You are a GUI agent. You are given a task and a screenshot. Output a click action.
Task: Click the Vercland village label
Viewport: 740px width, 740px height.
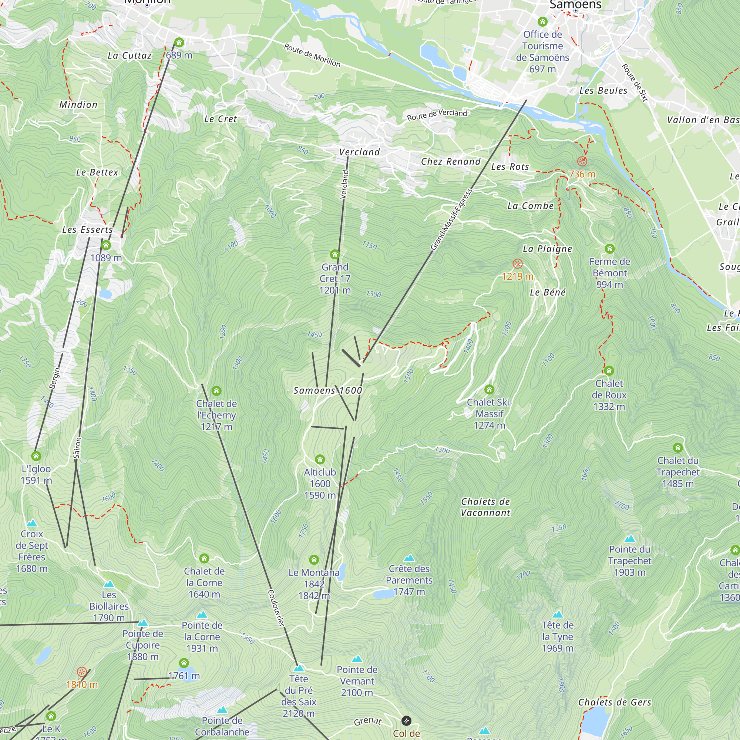359,152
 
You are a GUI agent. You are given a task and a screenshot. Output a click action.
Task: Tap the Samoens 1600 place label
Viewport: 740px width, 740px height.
327,390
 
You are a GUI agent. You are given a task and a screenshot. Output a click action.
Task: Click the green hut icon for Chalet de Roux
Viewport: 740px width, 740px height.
609,371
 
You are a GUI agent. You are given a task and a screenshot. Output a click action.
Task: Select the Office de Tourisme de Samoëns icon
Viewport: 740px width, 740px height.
542,21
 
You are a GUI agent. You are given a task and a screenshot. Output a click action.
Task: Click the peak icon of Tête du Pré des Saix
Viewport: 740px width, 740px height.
299,668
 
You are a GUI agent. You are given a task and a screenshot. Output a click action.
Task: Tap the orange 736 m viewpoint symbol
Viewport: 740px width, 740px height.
582,161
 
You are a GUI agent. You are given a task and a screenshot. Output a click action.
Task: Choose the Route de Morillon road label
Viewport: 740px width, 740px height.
312,55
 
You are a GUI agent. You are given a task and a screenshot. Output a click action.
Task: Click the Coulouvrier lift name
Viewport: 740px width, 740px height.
276,608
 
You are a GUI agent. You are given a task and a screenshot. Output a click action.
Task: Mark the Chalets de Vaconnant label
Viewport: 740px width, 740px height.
485,507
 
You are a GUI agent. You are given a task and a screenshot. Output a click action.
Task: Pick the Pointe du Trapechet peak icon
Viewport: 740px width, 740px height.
630,539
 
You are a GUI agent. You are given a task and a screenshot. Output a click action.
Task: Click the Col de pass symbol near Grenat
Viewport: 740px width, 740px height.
406,721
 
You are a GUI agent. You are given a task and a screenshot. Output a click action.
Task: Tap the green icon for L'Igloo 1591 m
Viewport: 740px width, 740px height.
36,456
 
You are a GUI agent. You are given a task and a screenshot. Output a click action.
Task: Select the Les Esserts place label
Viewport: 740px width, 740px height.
87,230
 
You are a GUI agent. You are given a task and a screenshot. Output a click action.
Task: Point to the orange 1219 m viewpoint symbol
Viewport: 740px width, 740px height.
518,263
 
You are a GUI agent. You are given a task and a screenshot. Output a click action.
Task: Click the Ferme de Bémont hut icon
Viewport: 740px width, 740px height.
609,249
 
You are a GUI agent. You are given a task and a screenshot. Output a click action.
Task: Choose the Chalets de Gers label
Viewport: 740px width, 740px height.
614,702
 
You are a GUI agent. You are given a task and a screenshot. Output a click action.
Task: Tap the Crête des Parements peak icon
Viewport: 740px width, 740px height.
409,558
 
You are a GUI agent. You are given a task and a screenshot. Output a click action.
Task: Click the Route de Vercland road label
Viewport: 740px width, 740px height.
437,115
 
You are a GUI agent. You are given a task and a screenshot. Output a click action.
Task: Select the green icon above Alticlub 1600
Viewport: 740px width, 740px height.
320,459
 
